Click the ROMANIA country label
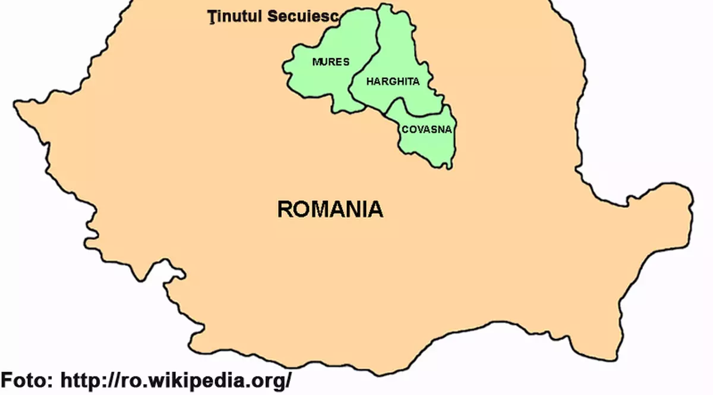330,209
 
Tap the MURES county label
331,62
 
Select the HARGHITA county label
393,81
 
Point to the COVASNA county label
427,129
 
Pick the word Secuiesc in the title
302,17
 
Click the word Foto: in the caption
27,380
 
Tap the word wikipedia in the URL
196,380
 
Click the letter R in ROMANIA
285,209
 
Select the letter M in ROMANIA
321,209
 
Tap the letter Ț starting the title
212,16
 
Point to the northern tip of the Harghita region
386,6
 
